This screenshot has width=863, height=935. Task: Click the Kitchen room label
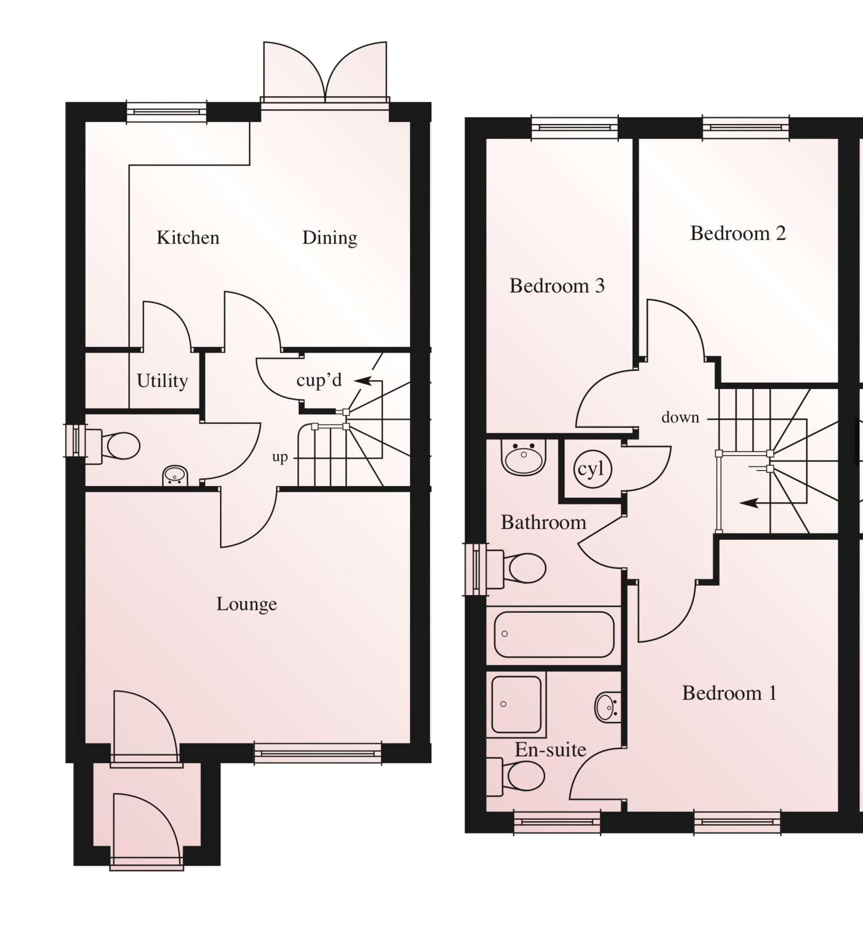(188, 238)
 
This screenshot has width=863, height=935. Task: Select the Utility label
(162, 381)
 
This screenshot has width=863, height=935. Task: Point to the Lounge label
(247, 604)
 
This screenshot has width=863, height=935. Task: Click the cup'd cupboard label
(320, 380)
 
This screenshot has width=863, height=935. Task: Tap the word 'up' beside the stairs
(280, 458)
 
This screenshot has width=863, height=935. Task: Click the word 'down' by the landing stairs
(680, 417)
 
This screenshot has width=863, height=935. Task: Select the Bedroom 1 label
(729, 693)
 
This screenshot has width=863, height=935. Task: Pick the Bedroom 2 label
(738, 233)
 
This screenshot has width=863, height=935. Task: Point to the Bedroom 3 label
(557, 286)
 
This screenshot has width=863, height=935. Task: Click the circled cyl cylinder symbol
(592, 469)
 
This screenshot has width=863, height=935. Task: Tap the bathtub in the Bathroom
(554, 634)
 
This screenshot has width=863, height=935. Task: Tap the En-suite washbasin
(608, 707)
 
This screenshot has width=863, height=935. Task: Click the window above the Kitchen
(167, 112)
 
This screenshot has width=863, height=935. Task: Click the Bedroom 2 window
(746, 127)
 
